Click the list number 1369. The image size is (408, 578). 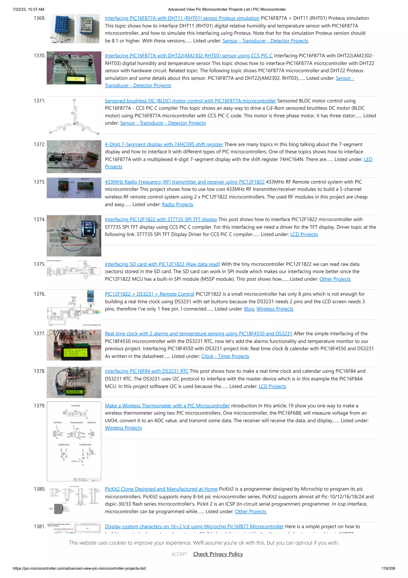(x=39, y=18)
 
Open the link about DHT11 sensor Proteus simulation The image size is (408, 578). (x=182, y=18)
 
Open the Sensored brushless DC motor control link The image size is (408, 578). (x=190, y=101)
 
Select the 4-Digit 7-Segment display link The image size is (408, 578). (x=164, y=144)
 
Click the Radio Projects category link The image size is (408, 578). (x=178, y=205)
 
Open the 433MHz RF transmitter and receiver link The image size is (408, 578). (x=184, y=182)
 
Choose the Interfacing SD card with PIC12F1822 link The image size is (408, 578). (x=162, y=264)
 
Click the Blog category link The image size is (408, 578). (x=249, y=309)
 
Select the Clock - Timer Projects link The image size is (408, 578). (x=225, y=356)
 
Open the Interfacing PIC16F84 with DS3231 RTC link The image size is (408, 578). (x=147, y=371)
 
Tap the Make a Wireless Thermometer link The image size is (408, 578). (x=167, y=406)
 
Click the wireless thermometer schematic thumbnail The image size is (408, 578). (x=74, y=441)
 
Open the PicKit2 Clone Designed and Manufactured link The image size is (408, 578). (x=161, y=489)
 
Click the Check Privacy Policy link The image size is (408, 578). (x=218, y=554)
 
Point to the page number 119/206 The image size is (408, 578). (x=388, y=568)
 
